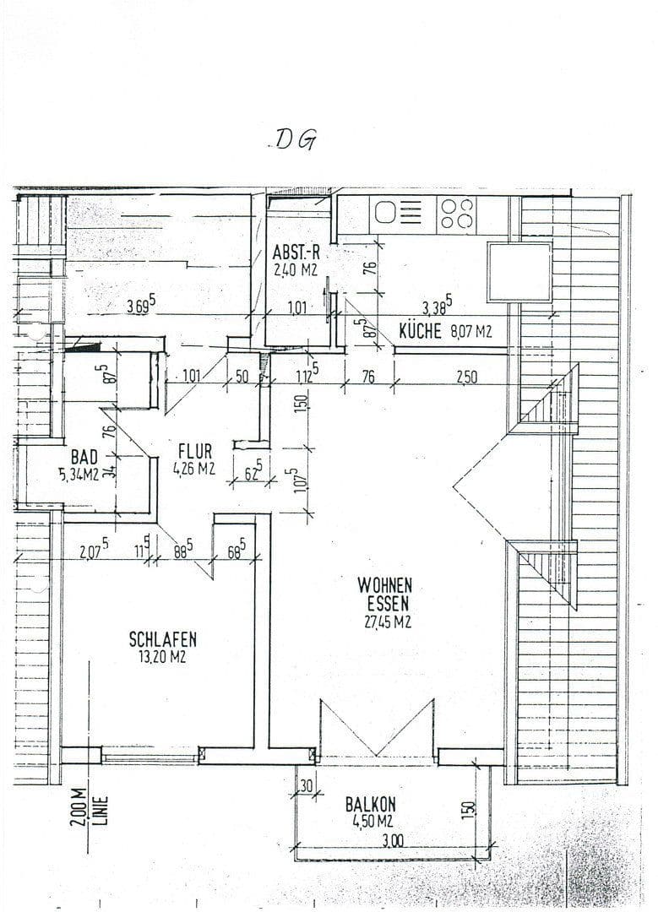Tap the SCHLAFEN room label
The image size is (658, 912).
pyautogui.click(x=163, y=639)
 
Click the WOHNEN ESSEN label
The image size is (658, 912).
pyautogui.click(x=384, y=594)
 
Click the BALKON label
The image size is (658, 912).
pyautogui.click(x=370, y=805)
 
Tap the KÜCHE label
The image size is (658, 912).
pyautogui.click(x=420, y=332)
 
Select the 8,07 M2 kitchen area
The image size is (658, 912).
pyautogui.click(x=470, y=332)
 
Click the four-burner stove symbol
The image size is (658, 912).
pyautogui.click(x=457, y=214)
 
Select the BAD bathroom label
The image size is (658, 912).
pyautogui.click(x=83, y=458)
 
